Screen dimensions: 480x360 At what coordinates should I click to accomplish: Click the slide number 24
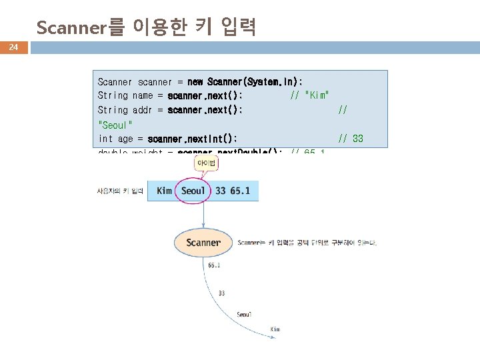coord(13,47)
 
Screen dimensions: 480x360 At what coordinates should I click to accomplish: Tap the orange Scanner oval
coord(203,243)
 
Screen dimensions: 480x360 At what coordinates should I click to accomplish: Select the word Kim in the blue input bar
coord(164,191)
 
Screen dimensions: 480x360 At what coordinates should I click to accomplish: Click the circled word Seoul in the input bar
coord(193,191)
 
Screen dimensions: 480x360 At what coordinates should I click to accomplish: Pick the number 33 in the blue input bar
coord(219,191)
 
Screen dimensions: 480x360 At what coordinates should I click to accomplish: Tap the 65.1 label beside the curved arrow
coord(214,265)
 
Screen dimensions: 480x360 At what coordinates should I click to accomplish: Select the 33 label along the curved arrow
coord(221,292)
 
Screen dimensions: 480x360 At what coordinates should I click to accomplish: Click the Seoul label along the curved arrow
coord(244,315)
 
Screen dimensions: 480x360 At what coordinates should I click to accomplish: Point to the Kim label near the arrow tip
coord(275,329)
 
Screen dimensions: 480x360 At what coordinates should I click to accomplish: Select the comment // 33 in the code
coord(351,139)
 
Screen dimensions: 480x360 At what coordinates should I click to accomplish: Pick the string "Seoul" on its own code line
coord(115,125)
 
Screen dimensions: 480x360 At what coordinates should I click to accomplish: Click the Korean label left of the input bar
coord(120,191)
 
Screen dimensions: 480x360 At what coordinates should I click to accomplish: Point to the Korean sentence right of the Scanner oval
coord(307,243)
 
